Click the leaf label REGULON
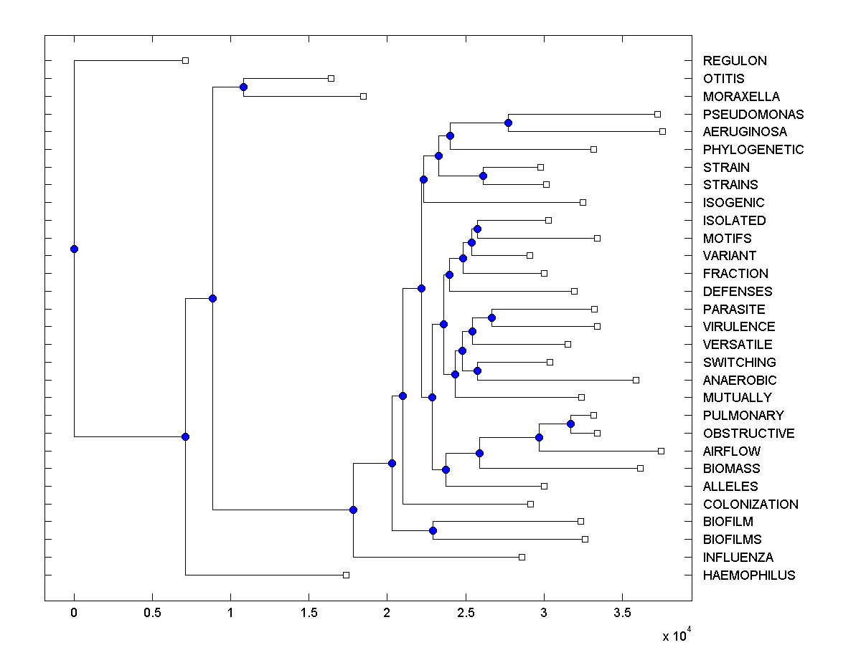coord(735,61)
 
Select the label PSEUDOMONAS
coord(753,114)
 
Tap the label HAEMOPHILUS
coord(749,575)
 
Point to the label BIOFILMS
coord(732,540)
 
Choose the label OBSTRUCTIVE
coord(748,434)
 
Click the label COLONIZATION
coord(751,504)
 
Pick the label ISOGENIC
coord(733,203)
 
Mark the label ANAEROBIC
coord(739,380)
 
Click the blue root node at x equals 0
coord(74,249)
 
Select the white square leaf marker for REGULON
coord(185,60)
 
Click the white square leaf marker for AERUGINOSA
coord(662,131)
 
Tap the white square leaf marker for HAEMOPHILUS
coord(346,575)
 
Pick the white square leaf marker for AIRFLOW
coord(661,451)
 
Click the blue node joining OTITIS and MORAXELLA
coord(243,87)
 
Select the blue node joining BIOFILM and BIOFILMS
coord(433,530)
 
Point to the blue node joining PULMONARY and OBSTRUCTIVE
coord(570,424)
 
